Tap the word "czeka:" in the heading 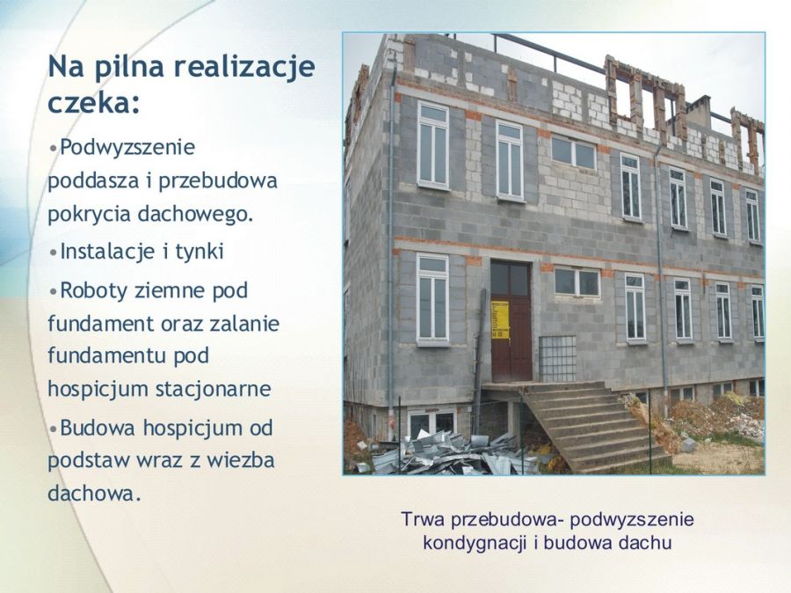pyautogui.click(x=93, y=103)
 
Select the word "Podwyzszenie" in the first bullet pyautogui.click(x=127, y=148)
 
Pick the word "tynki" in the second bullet pyautogui.click(x=199, y=252)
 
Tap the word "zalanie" pyautogui.click(x=244, y=323)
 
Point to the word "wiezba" pyautogui.click(x=240, y=460)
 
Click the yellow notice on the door pyautogui.click(x=500, y=319)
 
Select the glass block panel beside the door pyautogui.click(x=557, y=359)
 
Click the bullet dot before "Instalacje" pyautogui.click(x=53, y=252)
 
